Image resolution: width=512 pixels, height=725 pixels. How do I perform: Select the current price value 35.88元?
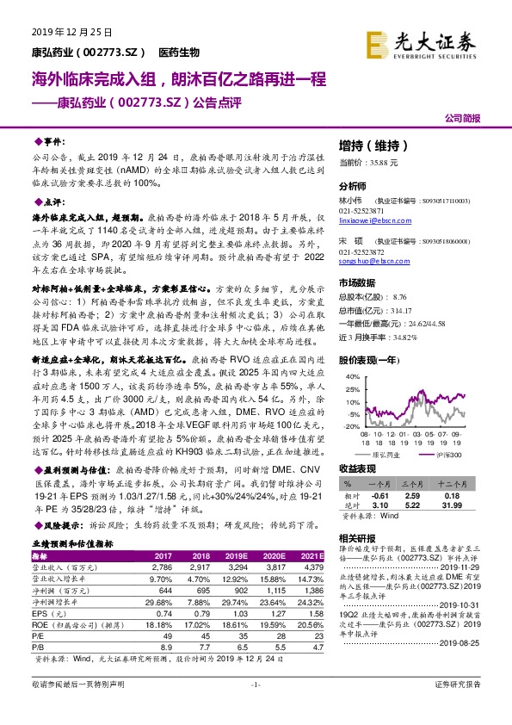coord(381,162)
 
